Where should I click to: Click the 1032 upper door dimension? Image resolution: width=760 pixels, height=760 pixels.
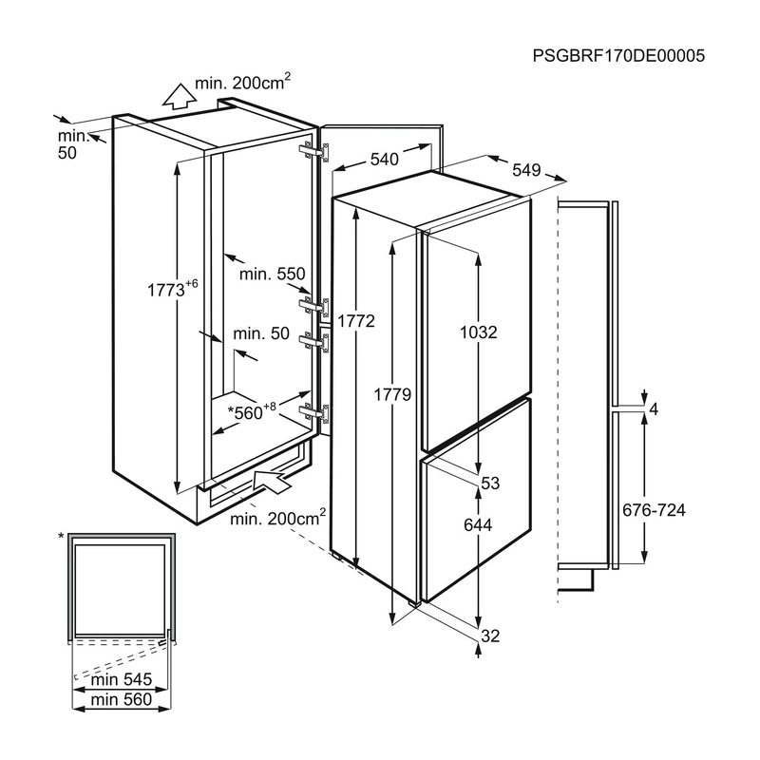(x=478, y=332)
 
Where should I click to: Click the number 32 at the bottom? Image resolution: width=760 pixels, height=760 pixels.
(x=489, y=636)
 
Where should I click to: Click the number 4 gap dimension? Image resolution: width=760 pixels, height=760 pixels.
(x=653, y=409)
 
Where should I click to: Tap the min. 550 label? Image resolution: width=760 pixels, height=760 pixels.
(x=272, y=274)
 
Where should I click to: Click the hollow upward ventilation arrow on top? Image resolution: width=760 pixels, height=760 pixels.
(x=175, y=96)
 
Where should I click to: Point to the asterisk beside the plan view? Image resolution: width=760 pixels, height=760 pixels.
(x=62, y=538)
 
